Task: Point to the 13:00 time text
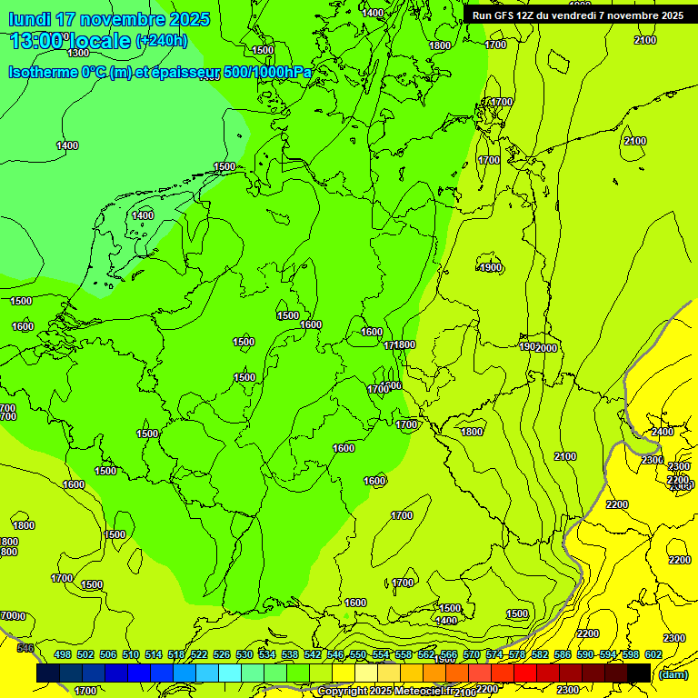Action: point(38,41)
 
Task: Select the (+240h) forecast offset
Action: point(162,41)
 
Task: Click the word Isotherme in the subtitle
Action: point(45,73)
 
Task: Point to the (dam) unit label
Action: point(673,673)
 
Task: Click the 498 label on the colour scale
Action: point(63,654)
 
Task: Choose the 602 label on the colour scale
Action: point(653,654)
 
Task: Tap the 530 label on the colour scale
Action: point(244,654)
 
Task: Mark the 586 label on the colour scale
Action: point(563,654)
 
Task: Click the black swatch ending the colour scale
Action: point(639,673)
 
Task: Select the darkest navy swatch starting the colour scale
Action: point(47,673)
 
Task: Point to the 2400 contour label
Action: point(663,432)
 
